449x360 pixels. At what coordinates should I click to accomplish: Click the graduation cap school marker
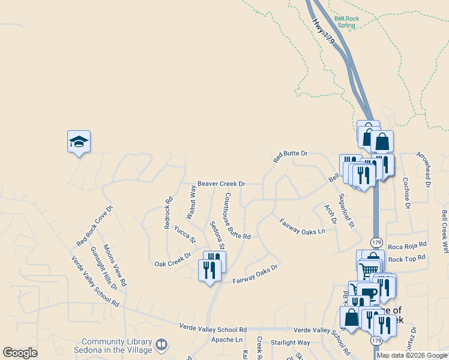[x=79, y=142]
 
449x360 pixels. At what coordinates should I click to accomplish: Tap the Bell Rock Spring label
[x=347, y=22]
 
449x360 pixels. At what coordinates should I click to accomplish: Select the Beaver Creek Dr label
[x=221, y=184]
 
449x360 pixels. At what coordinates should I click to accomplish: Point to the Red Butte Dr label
[x=290, y=157]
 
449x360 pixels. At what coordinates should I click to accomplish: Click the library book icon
[x=161, y=344]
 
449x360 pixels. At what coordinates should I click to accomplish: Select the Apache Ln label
[x=226, y=340]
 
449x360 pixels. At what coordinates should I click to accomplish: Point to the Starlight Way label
[x=290, y=343]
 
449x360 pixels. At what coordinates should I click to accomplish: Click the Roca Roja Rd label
[x=407, y=245]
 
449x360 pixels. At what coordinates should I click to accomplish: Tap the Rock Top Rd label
[x=407, y=259]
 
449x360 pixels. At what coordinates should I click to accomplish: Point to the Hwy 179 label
[x=323, y=29]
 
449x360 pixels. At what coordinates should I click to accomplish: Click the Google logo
[x=20, y=353]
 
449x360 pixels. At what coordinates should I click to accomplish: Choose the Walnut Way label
[x=191, y=202]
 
